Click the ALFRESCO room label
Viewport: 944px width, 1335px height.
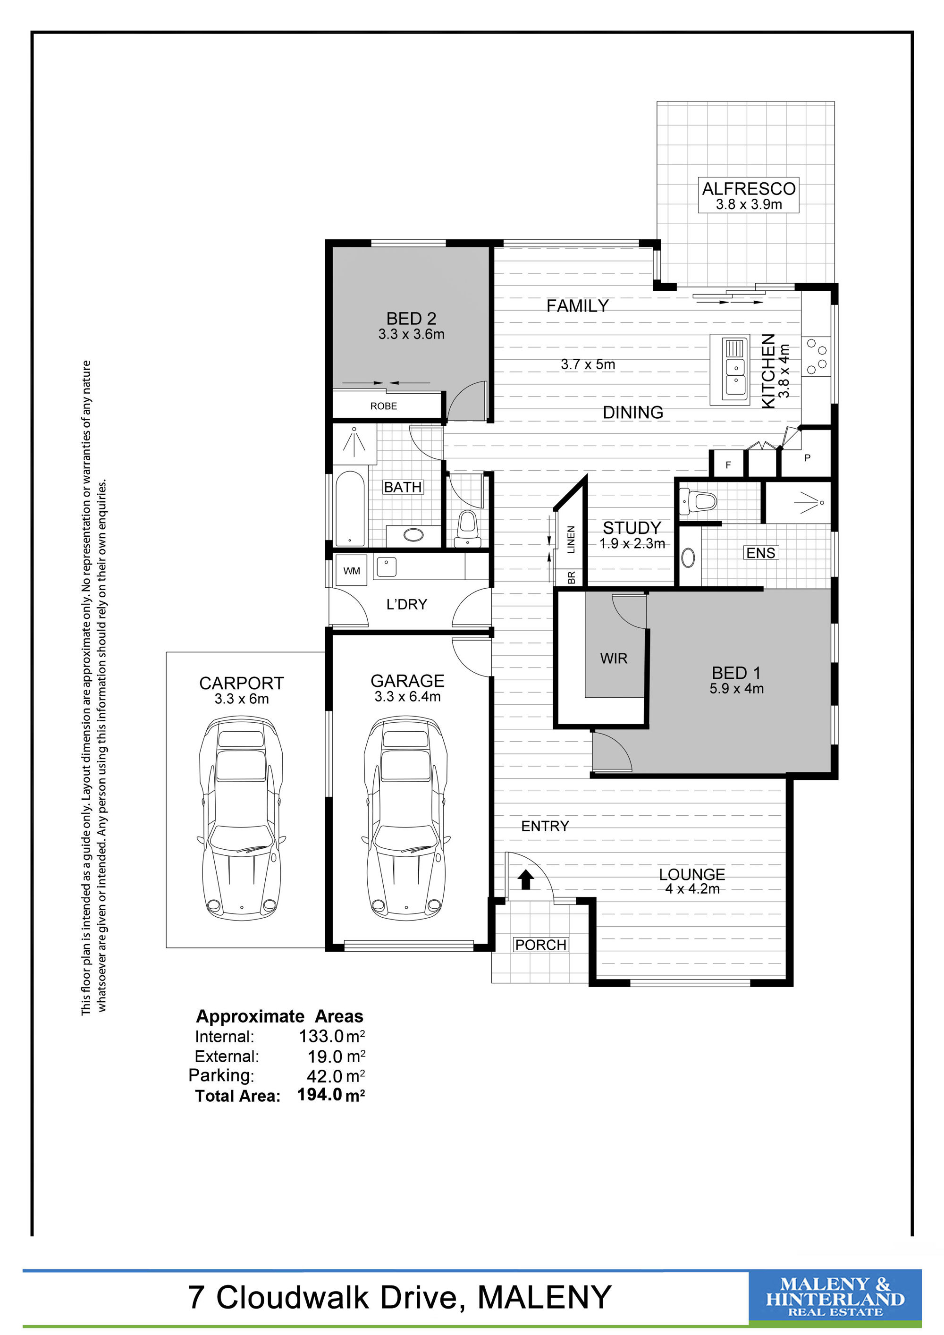pos(749,188)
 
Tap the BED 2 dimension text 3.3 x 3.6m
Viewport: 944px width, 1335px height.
pos(411,334)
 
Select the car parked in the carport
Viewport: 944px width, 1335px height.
pos(241,817)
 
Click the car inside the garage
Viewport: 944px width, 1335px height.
pos(406,817)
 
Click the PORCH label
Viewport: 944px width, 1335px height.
pos(540,945)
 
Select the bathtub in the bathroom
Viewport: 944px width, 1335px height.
pos(349,508)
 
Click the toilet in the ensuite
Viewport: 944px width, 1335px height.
pos(698,501)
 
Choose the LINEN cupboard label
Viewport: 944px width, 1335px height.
pos(571,540)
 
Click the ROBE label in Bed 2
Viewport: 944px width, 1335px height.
pos(384,406)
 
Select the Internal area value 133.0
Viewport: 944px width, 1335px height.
pos(321,1036)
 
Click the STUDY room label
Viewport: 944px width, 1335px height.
pos(632,528)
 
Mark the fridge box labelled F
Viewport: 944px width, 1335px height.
pos(728,464)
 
